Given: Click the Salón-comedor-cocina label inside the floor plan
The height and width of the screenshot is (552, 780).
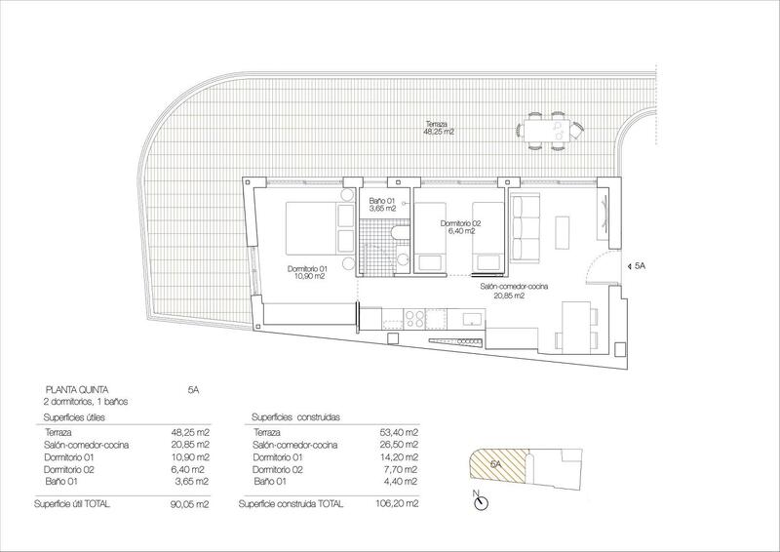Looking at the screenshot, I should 514,291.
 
